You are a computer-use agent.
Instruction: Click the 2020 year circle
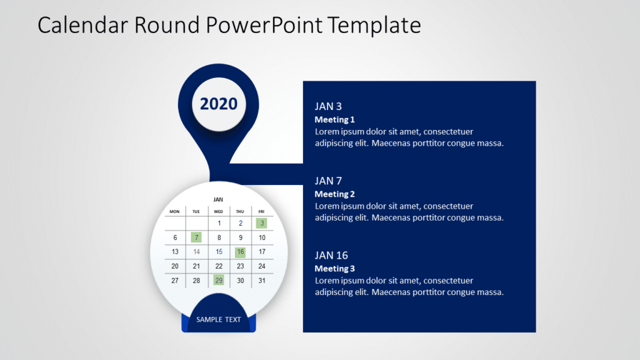[219, 104]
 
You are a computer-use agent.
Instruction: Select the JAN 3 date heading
[328, 106]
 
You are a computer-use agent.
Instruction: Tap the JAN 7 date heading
[328, 181]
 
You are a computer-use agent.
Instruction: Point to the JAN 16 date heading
[331, 255]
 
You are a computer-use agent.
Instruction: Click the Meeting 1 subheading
[334, 119]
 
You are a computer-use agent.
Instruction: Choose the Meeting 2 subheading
[334, 194]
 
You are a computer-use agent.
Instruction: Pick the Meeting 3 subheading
[334, 268]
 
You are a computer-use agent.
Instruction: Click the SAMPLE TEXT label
[219, 319]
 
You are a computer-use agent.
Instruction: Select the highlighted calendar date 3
[262, 223]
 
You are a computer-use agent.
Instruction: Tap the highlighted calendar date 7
[196, 237]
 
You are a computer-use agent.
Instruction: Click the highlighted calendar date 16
[240, 252]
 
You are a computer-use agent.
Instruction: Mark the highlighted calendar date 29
[219, 281]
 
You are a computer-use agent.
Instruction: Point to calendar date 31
[262, 281]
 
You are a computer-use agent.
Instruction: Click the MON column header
[175, 211]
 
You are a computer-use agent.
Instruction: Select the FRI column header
[262, 211]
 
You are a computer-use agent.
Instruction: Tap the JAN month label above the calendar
[218, 199]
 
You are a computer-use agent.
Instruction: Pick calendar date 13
[175, 252]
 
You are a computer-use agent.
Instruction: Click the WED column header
[219, 211]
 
